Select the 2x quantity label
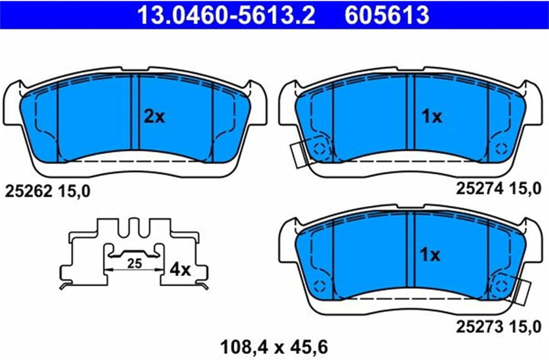pyautogui.click(x=155, y=117)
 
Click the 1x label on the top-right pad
pyautogui.click(x=432, y=117)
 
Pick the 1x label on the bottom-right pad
pyautogui.click(x=432, y=255)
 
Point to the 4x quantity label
pyautogui.click(x=180, y=269)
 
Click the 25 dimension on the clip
pyautogui.click(x=135, y=263)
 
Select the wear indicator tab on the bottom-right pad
pyautogui.click(x=522, y=288)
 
